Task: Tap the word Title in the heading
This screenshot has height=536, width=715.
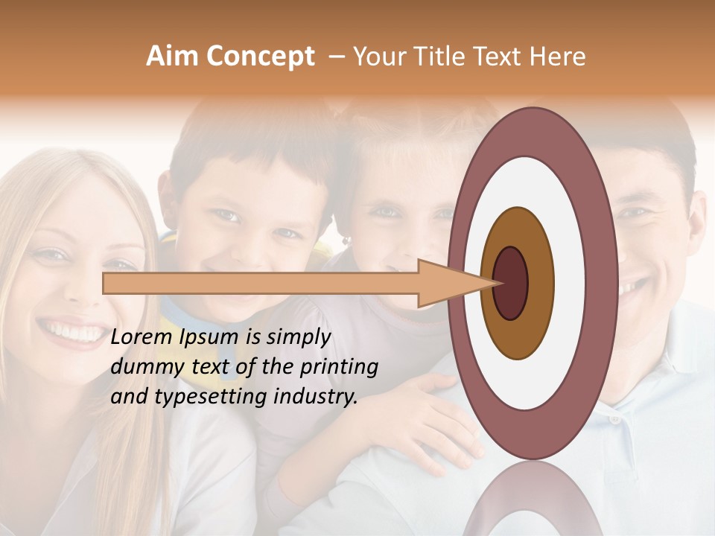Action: tap(452, 57)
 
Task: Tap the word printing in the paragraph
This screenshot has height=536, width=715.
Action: tap(340, 368)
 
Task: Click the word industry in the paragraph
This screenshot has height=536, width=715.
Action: tap(313, 397)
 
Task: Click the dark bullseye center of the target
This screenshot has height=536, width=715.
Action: tap(512, 284)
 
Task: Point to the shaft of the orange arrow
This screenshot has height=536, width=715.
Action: tap(261, 284)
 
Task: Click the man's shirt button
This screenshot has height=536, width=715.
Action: tap(614, 420)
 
